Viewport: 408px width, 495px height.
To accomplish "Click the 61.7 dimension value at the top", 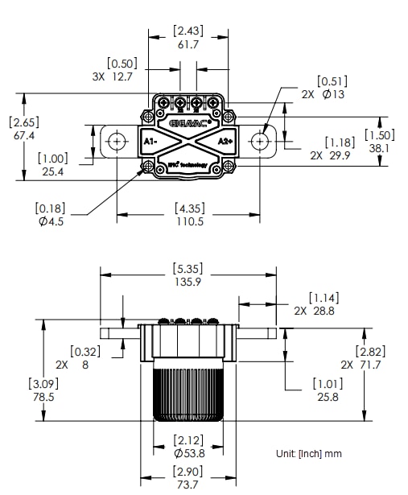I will click(188, 45).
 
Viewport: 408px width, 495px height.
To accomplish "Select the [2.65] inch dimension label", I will click(23, 122).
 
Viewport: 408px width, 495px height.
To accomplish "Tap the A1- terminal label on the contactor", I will click(150, 142).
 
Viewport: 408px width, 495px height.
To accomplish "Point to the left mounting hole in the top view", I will click(117, 141).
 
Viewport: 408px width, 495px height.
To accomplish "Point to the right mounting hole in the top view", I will click(259, 141).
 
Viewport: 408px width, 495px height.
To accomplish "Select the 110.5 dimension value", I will click(188, 221).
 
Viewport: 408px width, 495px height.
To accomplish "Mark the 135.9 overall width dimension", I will click(188, 282).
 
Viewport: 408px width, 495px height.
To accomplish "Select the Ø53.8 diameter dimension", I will click(188, 453).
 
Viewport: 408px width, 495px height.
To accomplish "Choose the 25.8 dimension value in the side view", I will click(329, 398).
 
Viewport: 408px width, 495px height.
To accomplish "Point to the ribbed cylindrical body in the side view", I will click(188, 394).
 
